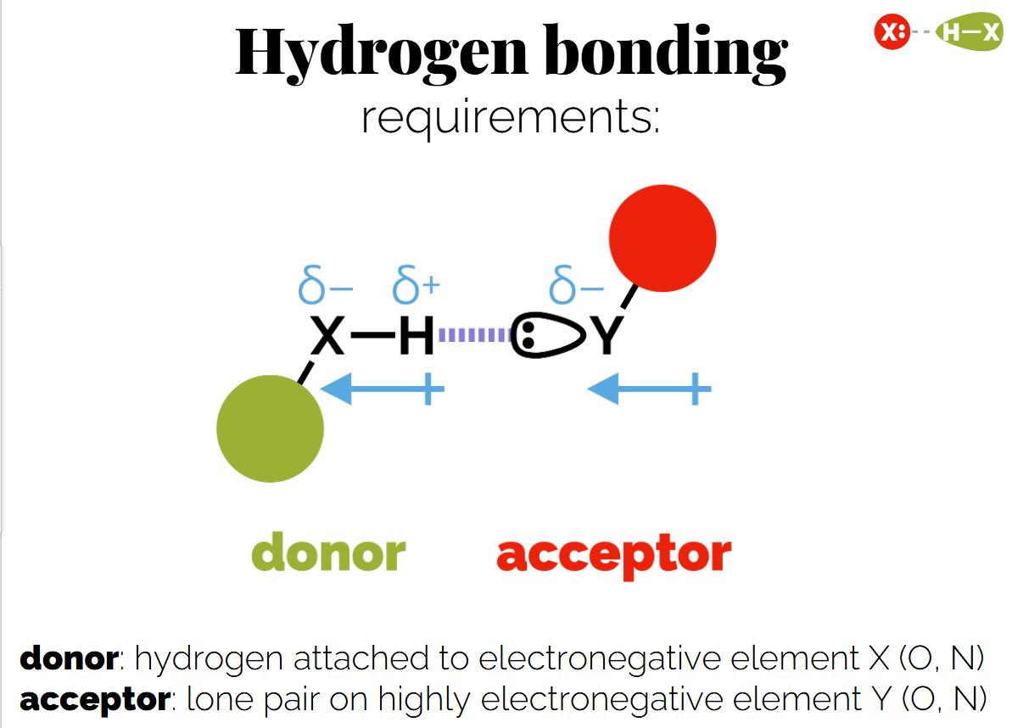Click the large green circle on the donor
270,428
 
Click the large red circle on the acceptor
663,238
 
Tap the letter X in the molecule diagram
327,336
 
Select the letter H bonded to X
416,336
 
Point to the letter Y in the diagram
607,337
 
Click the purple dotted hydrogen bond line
472,336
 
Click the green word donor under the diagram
328,553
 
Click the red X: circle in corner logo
892,33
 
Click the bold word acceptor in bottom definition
94,700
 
